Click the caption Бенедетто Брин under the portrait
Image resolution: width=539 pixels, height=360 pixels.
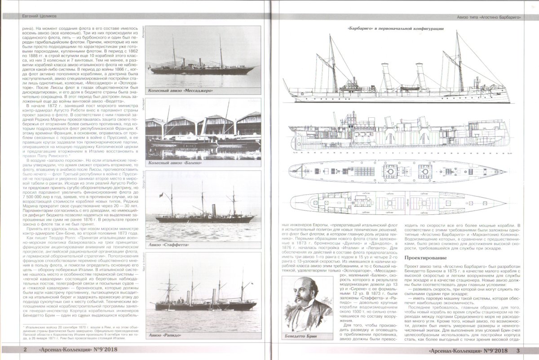306,336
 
